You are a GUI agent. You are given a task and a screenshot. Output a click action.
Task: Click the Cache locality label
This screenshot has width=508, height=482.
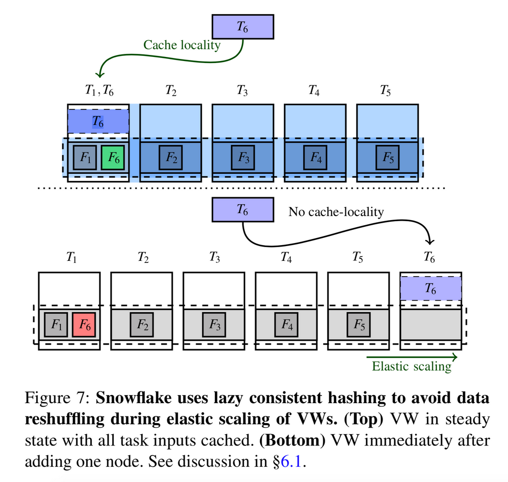(182, 45)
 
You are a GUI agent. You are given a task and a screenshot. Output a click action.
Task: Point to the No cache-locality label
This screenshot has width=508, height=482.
(336, 212)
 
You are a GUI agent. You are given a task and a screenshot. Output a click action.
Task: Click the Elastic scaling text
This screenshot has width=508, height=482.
(411, 366)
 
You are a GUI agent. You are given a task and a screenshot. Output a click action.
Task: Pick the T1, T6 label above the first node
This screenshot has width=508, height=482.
(99, 92)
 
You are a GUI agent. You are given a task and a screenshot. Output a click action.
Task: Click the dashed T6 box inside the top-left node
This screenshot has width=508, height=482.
(98, 122)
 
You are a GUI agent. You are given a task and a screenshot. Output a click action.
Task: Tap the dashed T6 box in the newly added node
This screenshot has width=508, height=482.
(430, 289)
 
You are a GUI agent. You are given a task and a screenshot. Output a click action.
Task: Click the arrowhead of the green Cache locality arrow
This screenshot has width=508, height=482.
(101, 75)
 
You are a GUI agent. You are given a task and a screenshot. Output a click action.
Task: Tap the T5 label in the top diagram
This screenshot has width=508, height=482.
(386, 92)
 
